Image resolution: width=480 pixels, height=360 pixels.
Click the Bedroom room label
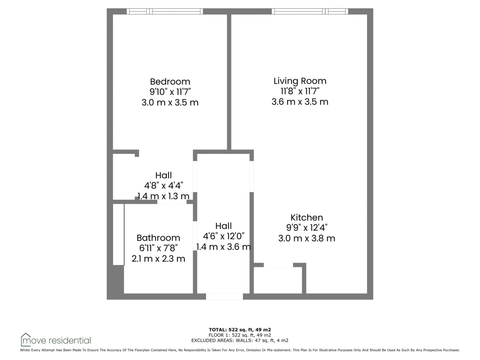click(x=170, y=82)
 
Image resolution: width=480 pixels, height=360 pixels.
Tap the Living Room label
click(x=300, y=81)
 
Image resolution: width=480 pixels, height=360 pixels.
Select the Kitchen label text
click(x=307, y=217)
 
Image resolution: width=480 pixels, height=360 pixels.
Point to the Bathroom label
click(x=158, y=238)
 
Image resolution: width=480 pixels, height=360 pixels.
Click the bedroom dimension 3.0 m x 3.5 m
click(x=170, y=102)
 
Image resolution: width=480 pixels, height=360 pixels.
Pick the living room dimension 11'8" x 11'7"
click(x=300, y=91)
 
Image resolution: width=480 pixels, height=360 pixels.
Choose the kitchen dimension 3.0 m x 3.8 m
click(x=307, y=238)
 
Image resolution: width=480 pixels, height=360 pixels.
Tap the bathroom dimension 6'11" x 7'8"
click(x=158, y=248)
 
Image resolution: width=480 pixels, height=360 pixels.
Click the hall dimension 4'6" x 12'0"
click(x=223, y=236)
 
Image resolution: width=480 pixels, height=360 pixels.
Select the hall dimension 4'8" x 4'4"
click(x=163, y=186)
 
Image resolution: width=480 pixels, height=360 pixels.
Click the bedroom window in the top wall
click(x=165, y=11)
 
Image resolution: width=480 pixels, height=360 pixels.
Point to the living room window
click(x=310, y=11)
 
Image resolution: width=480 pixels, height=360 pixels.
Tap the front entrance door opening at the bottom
click(x=224, y=296)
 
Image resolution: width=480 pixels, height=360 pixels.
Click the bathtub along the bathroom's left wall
click(x=119, y=235)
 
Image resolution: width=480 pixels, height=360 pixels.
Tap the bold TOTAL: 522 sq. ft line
click(x=240, y=330)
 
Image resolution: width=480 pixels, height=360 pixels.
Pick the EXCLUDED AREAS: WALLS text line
click(x=240, y=340)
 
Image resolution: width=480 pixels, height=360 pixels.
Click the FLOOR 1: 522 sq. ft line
click(x=240, y=335)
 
